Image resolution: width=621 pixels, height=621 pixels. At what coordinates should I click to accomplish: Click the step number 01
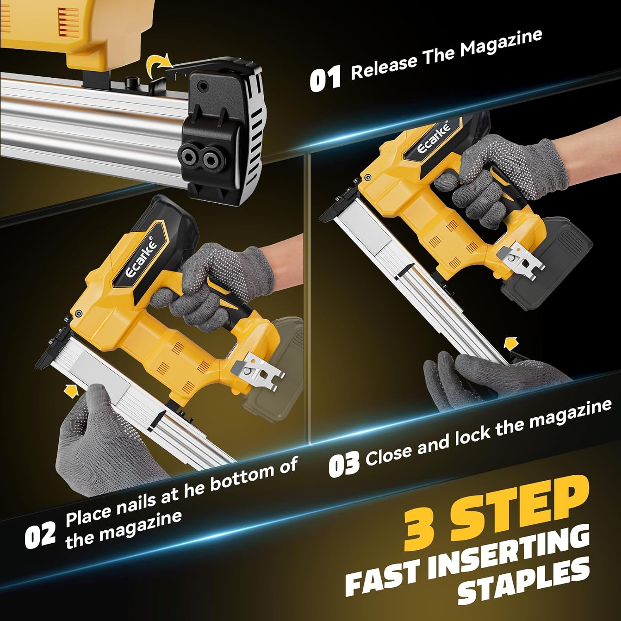(325, 77)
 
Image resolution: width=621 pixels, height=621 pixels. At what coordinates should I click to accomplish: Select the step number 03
(344, 464)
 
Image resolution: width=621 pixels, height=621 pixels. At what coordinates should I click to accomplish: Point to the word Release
(384, 66)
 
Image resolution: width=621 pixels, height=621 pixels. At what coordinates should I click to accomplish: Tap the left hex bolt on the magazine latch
(190, 156)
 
